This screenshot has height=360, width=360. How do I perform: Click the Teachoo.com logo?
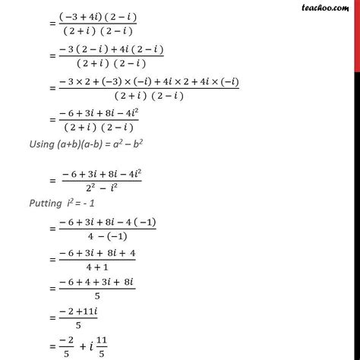pos(328,10)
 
